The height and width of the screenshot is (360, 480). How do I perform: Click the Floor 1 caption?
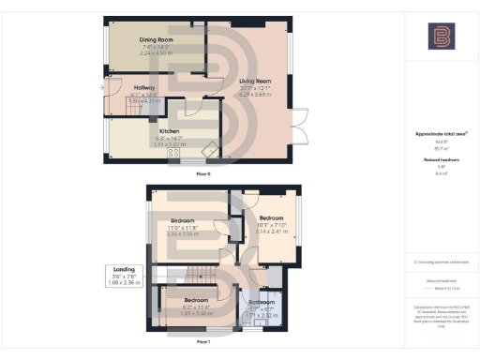202,343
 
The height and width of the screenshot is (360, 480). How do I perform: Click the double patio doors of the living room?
299,125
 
